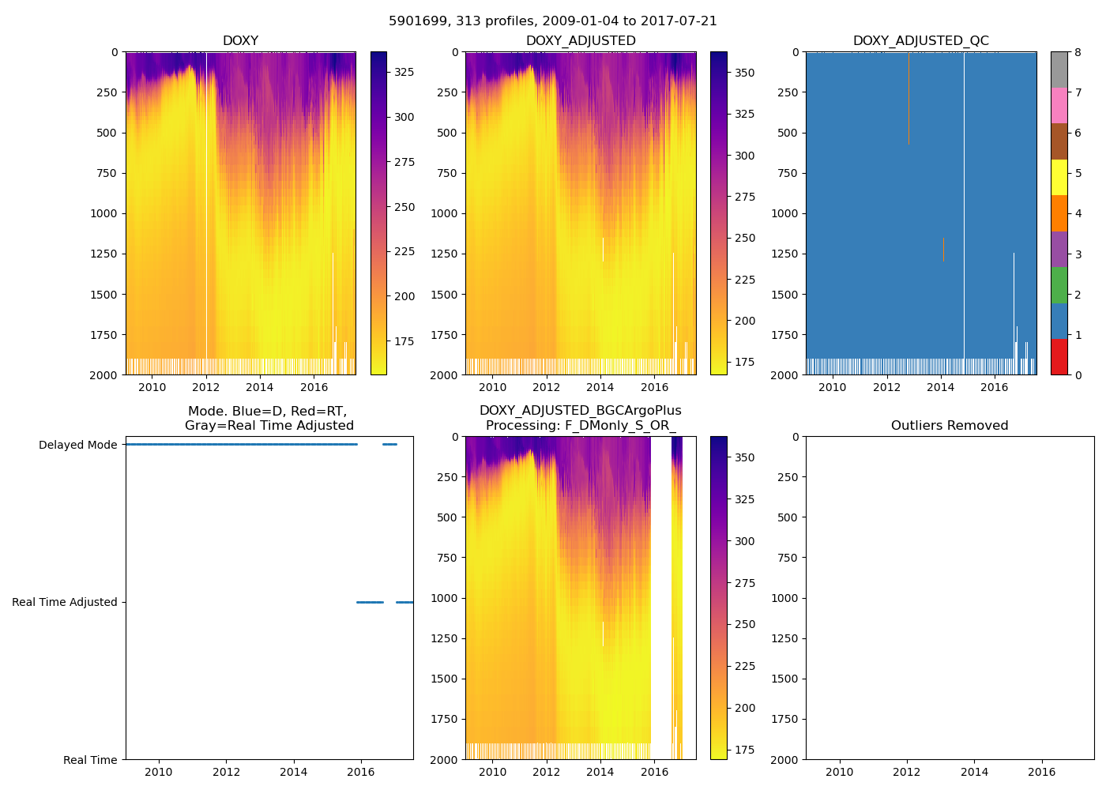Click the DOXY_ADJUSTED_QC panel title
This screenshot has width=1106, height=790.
pyautogui.click(x=920, y=41)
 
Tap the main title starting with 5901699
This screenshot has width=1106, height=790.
pyautogui.click(x=552, y=21)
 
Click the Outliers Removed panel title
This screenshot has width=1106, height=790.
pyautogui.click(x=950, y=426)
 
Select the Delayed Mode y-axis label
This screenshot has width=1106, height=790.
pyautogui.click(x=77, y=445)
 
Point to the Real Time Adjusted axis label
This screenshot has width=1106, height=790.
pyautogui.click(x=64, y=602)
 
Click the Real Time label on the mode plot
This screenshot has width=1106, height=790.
pyautogui.click(x=90, y=760)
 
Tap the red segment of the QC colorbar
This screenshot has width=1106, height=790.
pyautogui.click(x=1059, y=356)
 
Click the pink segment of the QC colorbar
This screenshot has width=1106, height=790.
pyautogui.click(x=1059, y=105)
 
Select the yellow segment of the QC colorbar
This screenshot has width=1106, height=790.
pyautogui.click(x=1059, y=177)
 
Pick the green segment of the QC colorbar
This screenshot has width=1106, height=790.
pyautogui.click(x=1059, y=284)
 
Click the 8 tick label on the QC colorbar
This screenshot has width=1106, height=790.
pyautogui.click(x=1078, y=52)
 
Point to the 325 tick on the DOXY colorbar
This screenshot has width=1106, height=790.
pyautogui.click(x=404, y=72)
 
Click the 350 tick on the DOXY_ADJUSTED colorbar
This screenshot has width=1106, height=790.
pyautogui.click(x=744, y=73)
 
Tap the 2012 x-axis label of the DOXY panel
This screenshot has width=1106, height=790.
pyautogui.click(x=206, y=387)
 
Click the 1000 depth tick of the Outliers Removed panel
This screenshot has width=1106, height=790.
pyautogui.click(x=787, y=598)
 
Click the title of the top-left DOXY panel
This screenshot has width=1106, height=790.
pyautogui.click(x=240, y=41)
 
